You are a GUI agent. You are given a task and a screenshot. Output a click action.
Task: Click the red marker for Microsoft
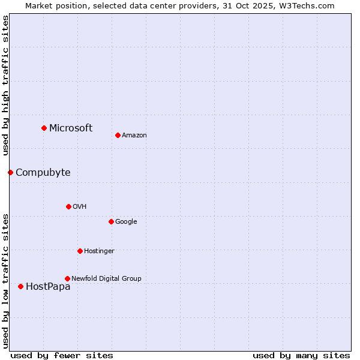(44, 128)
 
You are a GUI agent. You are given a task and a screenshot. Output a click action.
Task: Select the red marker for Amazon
(118, 135)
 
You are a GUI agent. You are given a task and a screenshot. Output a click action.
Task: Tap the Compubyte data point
(10, 172)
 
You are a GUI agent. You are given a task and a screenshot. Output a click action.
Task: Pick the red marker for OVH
(68, 206)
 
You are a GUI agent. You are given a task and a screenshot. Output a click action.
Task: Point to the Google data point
(111, 221)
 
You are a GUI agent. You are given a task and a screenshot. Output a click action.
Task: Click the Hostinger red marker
(80, 251)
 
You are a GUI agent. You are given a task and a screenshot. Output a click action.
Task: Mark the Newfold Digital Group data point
(67, 278)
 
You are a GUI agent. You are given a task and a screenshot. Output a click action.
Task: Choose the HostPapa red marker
(20, 286)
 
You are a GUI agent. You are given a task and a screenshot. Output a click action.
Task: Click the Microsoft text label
(71, 128)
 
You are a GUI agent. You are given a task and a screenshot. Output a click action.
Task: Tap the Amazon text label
(134, 135)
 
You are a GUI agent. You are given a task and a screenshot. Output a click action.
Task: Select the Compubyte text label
(43, 173)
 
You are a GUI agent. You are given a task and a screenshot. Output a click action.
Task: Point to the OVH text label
(79, 206)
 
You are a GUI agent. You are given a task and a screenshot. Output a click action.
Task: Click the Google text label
(126, 221)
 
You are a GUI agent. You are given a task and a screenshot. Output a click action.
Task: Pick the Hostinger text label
(99, 251)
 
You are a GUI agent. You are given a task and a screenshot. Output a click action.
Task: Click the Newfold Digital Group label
(106, 278)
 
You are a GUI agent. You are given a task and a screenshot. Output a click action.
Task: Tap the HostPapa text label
(48, 287)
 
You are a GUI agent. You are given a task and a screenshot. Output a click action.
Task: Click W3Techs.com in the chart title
(305, 5)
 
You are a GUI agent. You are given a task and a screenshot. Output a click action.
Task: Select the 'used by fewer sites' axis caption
(62, 355)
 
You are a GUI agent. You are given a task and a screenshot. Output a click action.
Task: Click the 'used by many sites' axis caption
(301, 355)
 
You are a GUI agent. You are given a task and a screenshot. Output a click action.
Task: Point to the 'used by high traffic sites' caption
(5, 85)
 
